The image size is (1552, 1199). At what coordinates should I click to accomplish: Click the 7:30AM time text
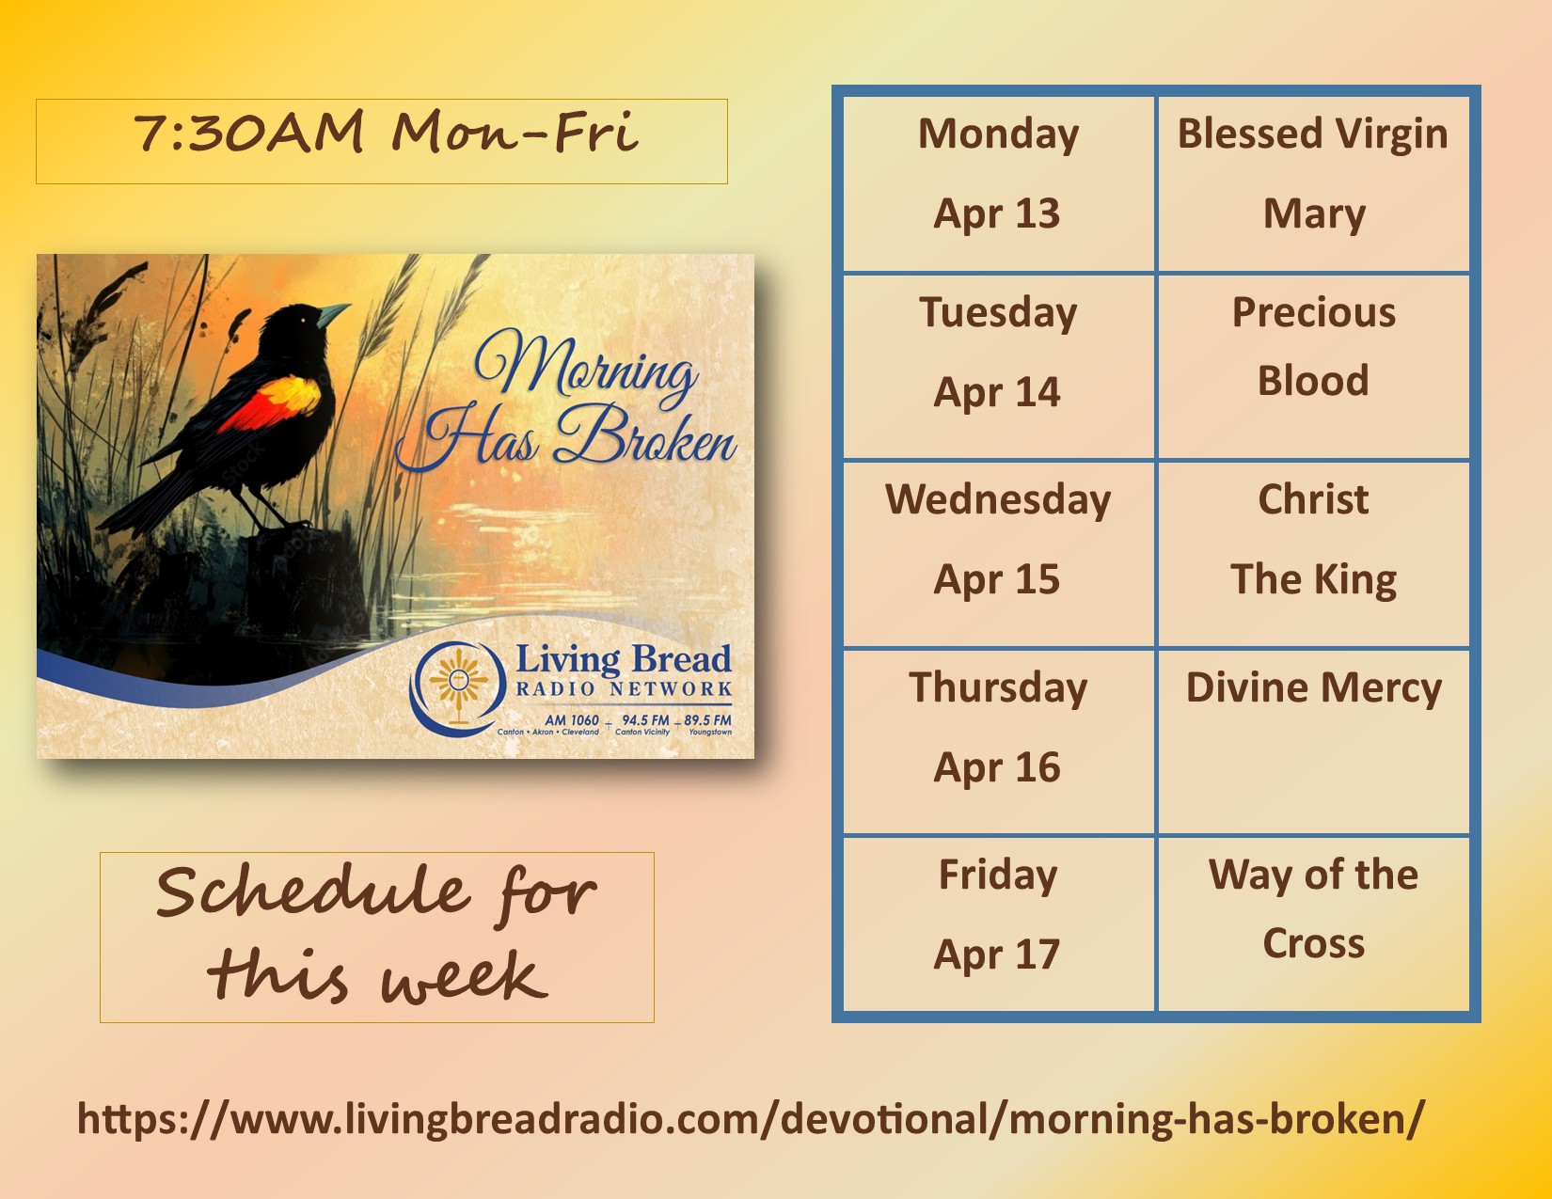pos(248,133)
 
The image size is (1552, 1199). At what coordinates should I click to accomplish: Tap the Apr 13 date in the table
pos(997,213)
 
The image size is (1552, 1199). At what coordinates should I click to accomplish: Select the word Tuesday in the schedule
pos(998,313)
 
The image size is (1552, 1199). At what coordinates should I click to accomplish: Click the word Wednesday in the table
pos(998,499)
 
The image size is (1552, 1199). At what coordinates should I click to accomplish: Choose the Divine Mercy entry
pos(1313,687)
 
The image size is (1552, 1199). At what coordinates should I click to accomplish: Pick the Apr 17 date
pos(997,954)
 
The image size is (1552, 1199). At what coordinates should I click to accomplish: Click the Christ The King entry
pos(1313,539)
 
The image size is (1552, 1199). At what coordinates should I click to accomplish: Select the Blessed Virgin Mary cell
pos(1313,174)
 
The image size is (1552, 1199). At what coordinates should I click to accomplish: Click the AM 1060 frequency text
pos(571,720)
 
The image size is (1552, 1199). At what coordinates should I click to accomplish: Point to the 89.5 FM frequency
pos(707,719)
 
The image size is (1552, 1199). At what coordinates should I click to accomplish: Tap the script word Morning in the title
pos(586,366)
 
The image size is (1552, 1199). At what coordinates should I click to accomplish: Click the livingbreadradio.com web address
pos(751,1118)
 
